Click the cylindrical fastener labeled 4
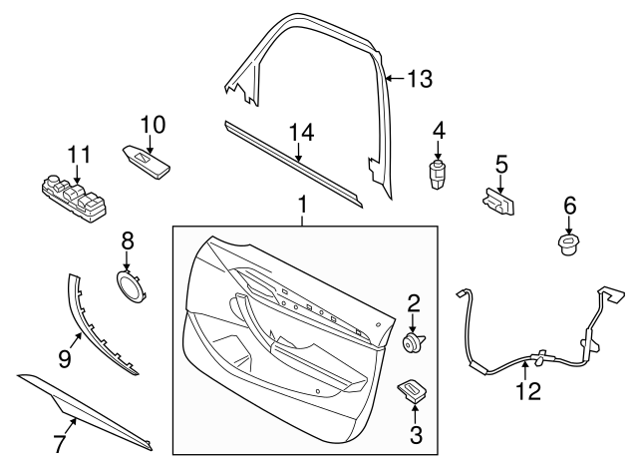pyautogui.click(x=438, y=174)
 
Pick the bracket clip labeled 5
pyautogui.click(x=499, y=202)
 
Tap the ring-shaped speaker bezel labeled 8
pyautogui.click(x=129, y=286)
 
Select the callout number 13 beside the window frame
pyautogui.click(x=420, y=79)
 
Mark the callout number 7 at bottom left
pyautogui.click(x=59, y=442)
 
